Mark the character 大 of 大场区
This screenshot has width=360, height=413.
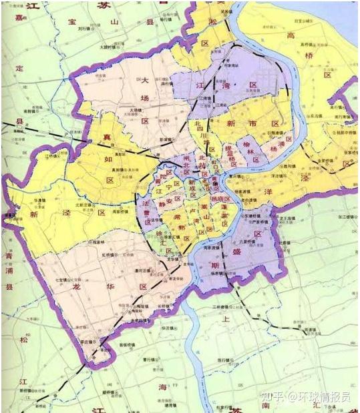(144, 80)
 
